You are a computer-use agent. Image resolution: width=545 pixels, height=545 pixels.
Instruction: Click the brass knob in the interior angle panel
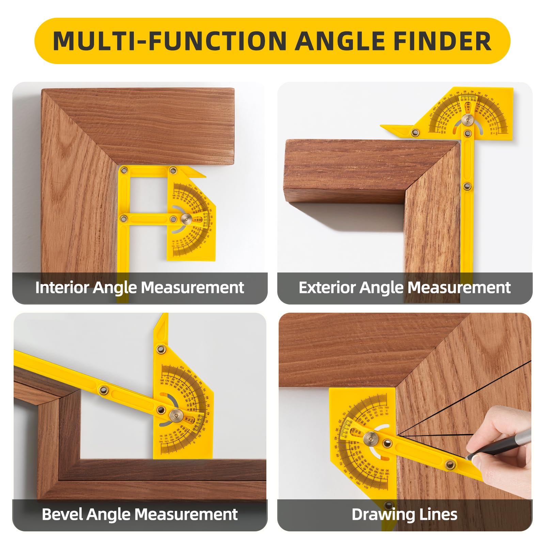click(x=186, y=219)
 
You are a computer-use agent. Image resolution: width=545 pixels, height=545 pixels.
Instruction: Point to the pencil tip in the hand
click(x=467, y=458)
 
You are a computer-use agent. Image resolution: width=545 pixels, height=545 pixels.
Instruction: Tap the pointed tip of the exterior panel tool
click(x=381, y=126)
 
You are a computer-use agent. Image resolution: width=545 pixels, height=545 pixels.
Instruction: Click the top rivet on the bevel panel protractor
click(x=160, y=349)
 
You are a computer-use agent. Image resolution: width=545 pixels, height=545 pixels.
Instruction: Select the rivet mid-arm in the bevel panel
click(x=103, y=390)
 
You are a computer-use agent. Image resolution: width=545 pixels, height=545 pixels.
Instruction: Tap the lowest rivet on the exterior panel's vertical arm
click(x=467, y=186)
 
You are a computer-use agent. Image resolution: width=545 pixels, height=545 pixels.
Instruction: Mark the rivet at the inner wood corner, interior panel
click(x=124, y=170)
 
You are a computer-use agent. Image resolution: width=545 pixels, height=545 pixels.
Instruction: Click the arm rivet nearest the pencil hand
click(x=450, y=463)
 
